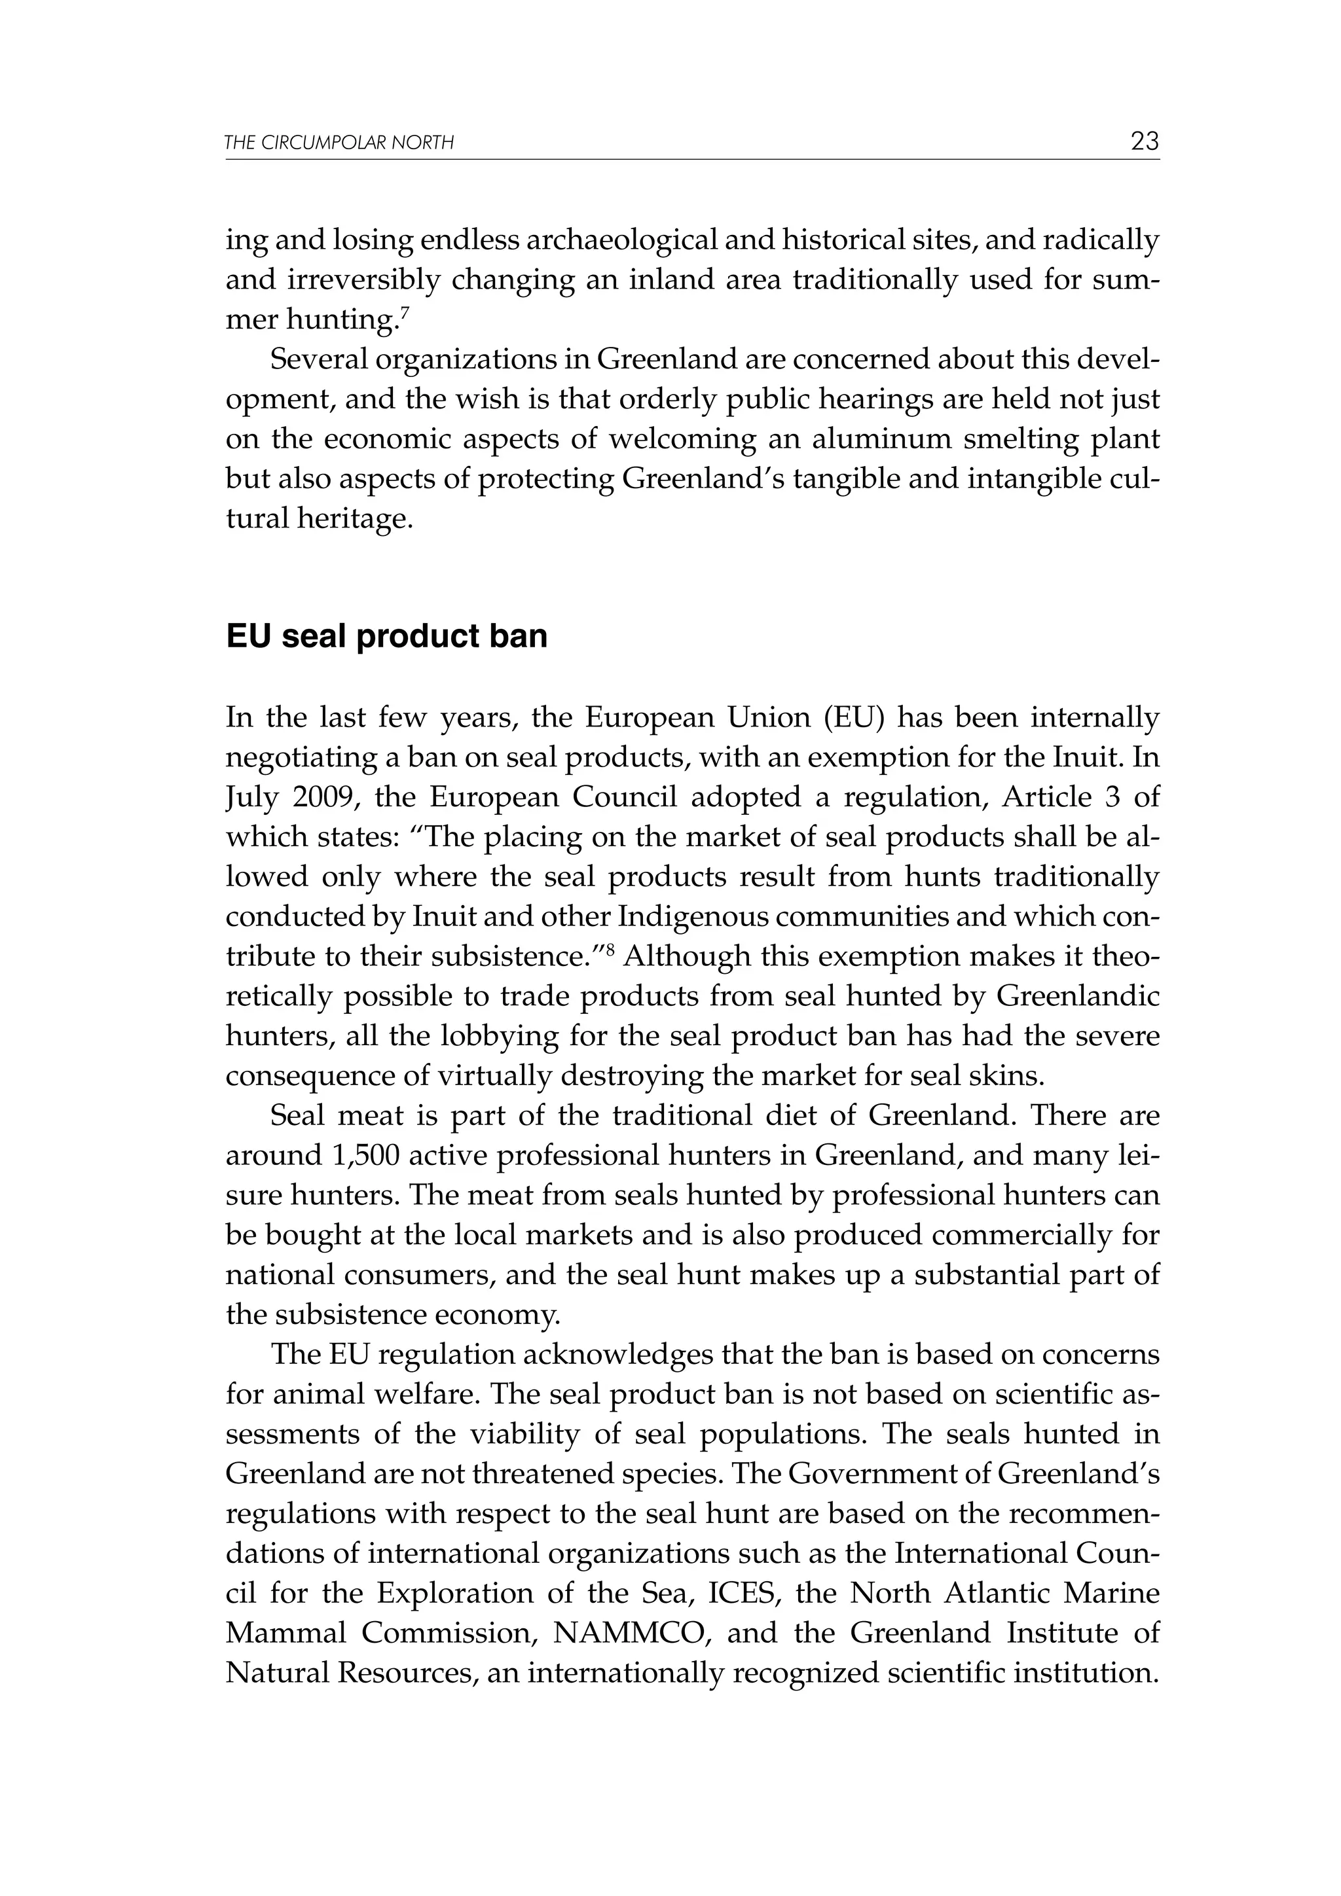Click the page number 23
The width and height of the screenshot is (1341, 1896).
pos(1145,141)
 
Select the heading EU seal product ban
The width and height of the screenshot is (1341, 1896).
pos(386,637)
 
